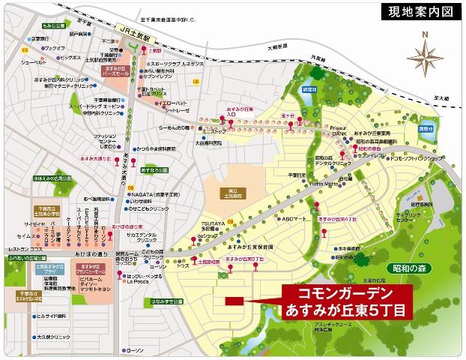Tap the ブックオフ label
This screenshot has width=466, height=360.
(x=53, y=47)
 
